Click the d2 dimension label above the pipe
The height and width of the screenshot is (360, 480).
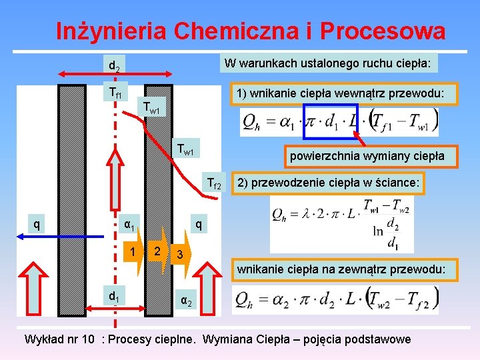[114, 66]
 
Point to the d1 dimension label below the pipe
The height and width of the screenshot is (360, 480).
[114, 295]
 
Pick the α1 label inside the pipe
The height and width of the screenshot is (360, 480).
[129, 225]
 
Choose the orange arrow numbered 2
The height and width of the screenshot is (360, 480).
[157, 252]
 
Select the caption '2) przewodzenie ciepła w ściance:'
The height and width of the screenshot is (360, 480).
[327, 183]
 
